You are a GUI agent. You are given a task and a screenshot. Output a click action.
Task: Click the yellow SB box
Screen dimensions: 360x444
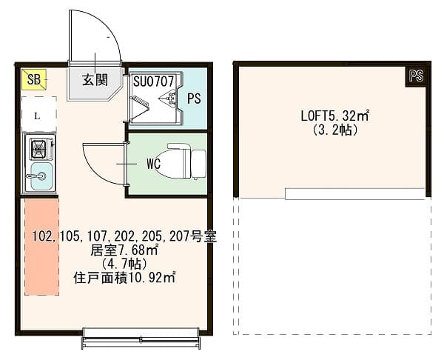click(34, 79)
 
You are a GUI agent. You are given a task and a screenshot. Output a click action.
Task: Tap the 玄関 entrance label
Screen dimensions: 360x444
click(92, 80)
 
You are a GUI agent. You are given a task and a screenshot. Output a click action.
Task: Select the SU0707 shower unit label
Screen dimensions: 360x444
click(154, 80)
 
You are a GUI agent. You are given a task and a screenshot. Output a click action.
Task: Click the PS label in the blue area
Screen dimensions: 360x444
click(194, 98)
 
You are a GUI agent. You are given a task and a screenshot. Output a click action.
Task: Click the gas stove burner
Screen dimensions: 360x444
click(37, 150)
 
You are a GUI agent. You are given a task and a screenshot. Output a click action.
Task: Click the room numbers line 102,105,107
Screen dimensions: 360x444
click(124, 237)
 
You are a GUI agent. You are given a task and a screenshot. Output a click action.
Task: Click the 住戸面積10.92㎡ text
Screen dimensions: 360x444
click(124, 278)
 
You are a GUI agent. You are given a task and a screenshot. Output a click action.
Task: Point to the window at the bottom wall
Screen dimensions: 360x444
click(141, 339)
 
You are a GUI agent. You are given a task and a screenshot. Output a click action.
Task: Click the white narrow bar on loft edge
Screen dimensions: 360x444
click(354, 194)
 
